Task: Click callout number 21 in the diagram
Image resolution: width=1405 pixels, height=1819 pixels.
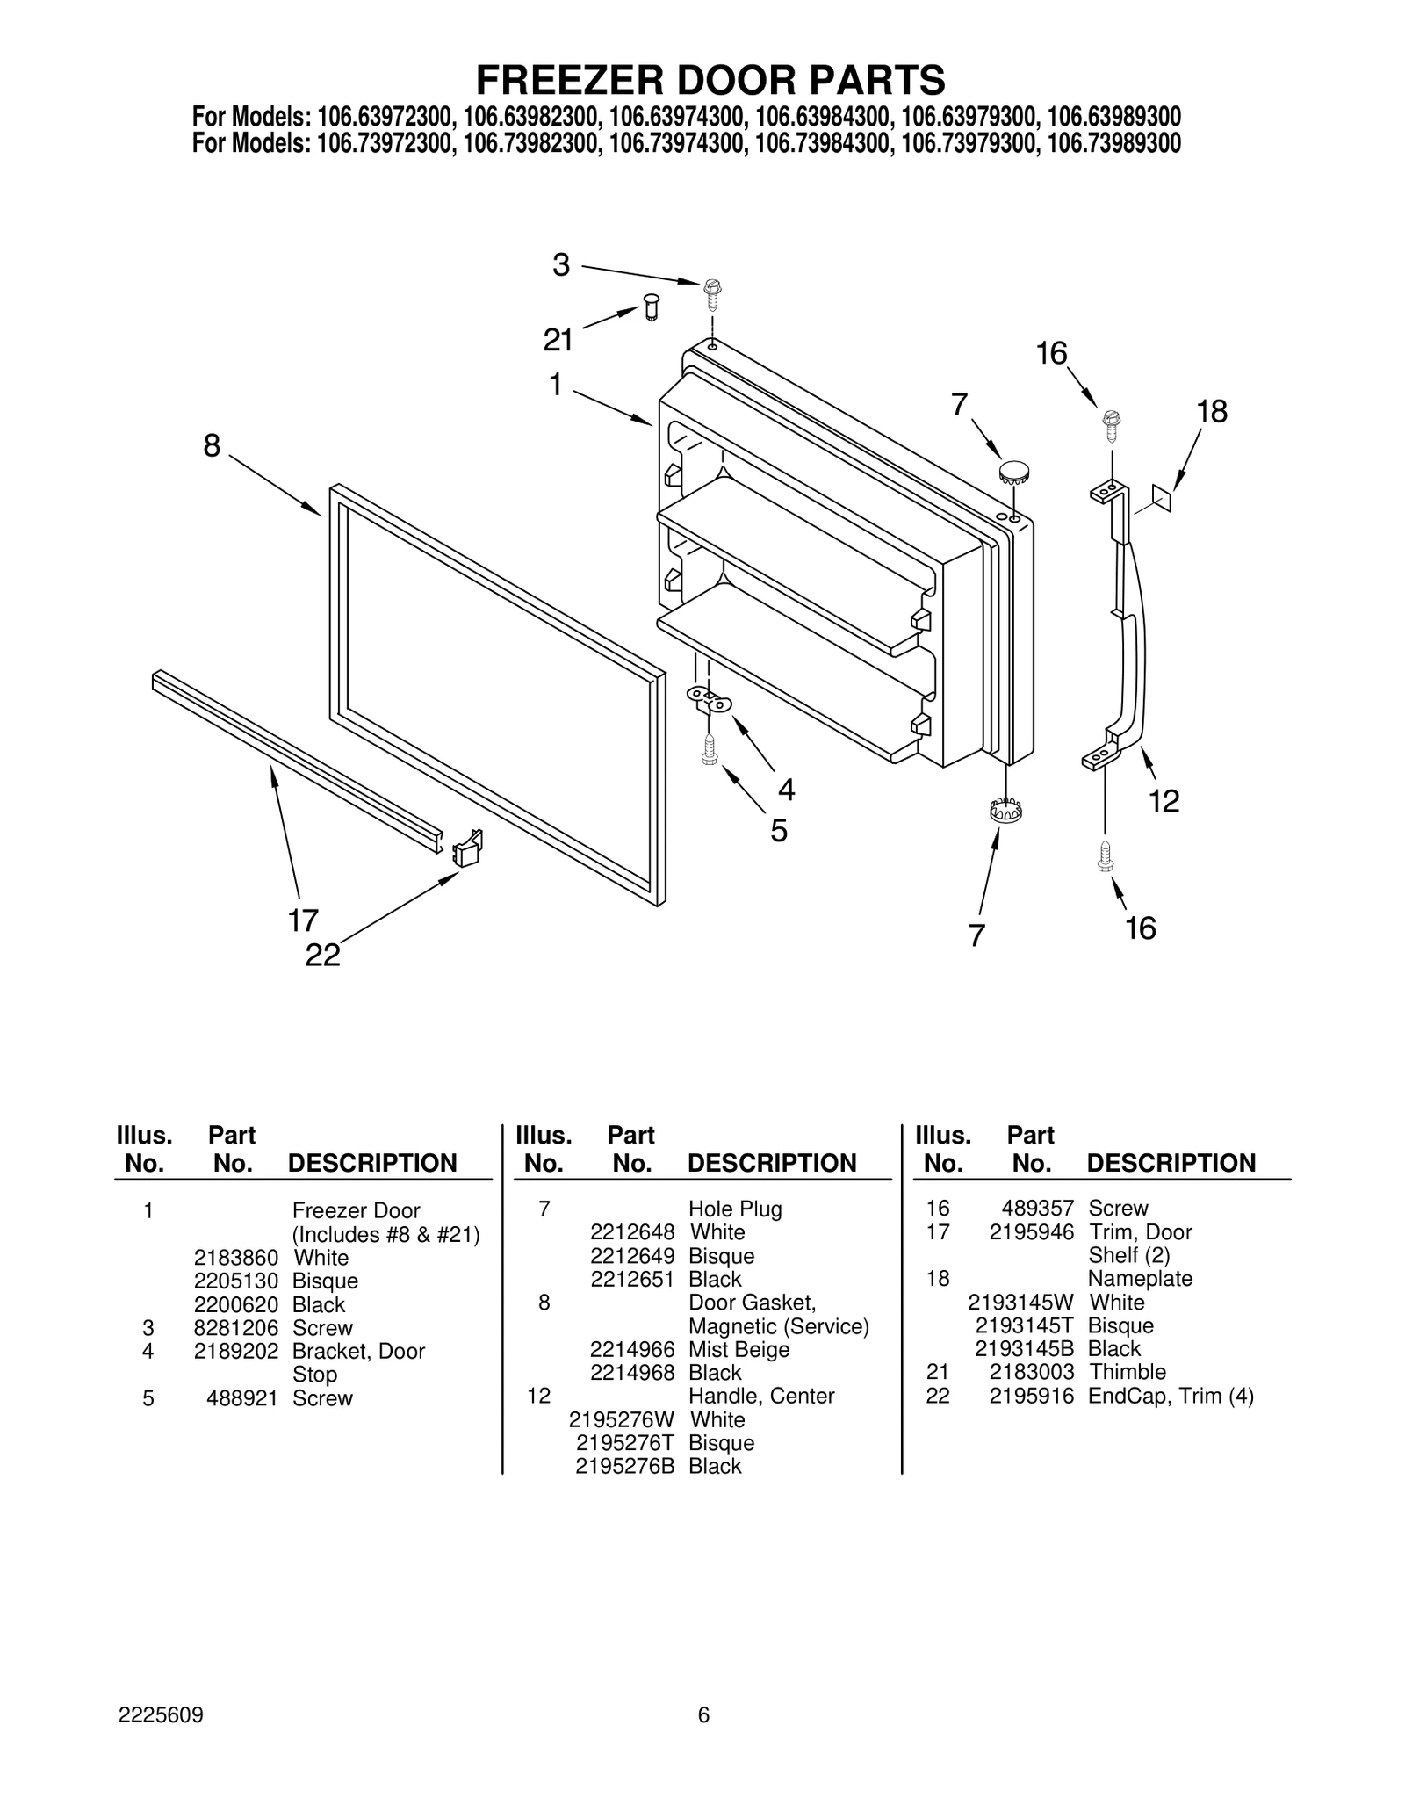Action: click(558, 339)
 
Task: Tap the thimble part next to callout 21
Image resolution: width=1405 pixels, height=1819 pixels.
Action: click(651, 308)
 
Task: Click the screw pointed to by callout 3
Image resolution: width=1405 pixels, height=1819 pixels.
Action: click(712, 293)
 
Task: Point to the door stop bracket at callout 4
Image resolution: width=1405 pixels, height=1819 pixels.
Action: click(708, 700)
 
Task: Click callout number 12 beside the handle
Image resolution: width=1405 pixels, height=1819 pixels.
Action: click(1164, 800)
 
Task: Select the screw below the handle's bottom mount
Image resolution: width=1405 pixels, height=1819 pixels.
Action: click(1106, 855)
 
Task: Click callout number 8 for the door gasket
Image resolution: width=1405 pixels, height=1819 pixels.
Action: click(212, 445)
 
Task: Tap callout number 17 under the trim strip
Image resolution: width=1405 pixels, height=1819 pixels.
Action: click(303, 920)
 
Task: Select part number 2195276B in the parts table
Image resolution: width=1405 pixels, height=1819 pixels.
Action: click(625, 1466)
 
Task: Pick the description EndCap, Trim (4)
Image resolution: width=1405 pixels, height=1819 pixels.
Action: click(1171, 1396)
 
